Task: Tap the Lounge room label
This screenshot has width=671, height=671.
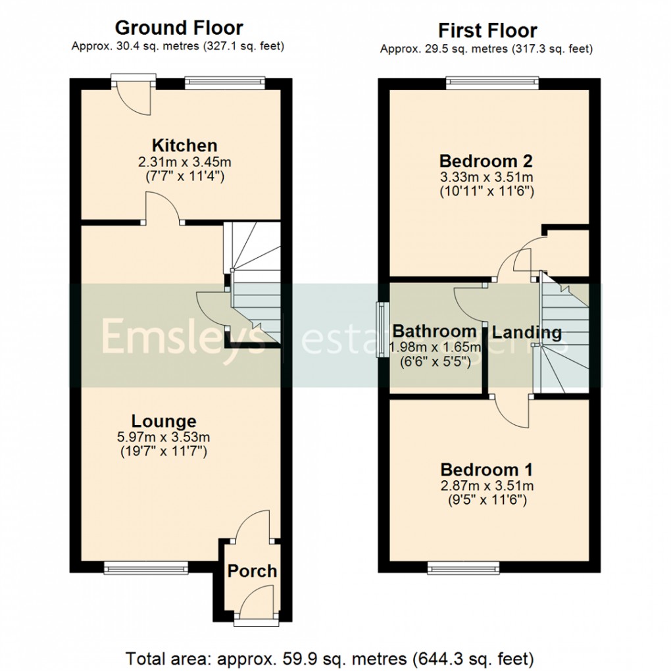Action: click(x=163, y=421)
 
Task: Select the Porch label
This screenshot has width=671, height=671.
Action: click(x=252, y=571)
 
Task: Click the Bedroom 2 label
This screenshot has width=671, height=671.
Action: click(x=485, y=161)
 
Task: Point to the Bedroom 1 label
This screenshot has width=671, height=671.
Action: click(x=486, y=470)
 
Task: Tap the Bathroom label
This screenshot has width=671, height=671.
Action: click(x=434, y=331)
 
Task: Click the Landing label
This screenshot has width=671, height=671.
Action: click(x=527, y=332)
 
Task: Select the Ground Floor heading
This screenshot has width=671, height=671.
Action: click(x=178, y=28)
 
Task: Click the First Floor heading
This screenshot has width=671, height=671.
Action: click(x=487, y=30)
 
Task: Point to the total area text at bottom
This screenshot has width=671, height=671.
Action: click(x=330, y=657)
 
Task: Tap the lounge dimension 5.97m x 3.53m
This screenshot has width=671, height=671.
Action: click(x=163, y=437)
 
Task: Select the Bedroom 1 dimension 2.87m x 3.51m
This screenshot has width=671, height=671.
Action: click(x=486, y=486)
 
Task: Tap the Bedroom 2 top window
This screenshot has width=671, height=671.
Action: click(x=492, y=83)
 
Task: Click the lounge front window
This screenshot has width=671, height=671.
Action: click(x=145, y=566)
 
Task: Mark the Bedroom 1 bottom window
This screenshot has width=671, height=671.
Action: click(x=464, y=566)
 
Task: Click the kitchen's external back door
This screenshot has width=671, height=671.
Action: click(x=134, y=95)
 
